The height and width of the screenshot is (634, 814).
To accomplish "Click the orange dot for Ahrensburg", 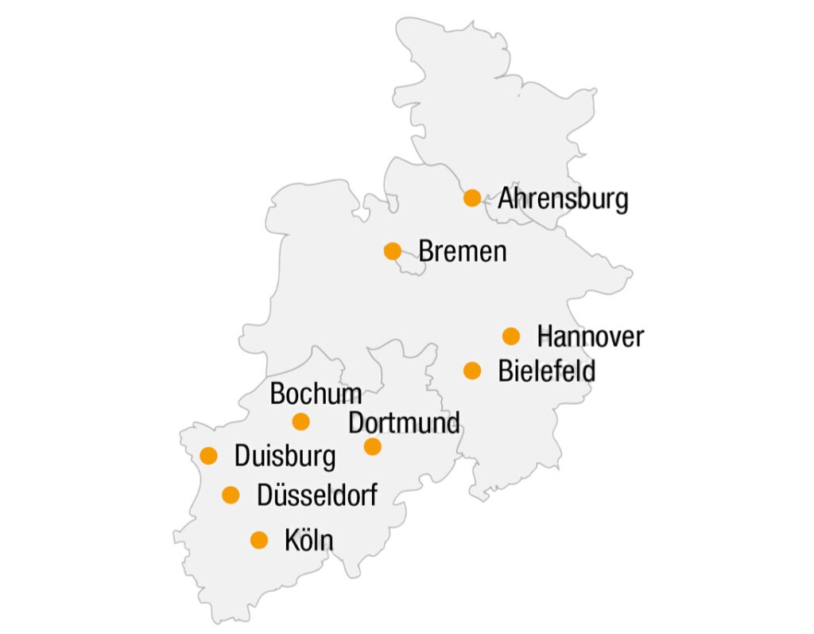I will [472, 198].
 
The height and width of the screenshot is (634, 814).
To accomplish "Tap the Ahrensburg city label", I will [563, 199].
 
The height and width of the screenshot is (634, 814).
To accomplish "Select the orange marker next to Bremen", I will [393, 251].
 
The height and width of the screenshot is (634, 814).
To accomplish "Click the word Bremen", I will [463, 251].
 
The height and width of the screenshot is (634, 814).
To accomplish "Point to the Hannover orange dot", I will [511, 336].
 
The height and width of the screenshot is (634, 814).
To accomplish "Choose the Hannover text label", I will [590, 336].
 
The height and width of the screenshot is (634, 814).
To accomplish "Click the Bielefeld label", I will [546, 371].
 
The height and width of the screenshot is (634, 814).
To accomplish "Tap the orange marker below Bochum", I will [300, 422].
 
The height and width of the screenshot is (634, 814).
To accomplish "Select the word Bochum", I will [316, 394].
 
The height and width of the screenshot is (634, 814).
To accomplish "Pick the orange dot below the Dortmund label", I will [373, 447].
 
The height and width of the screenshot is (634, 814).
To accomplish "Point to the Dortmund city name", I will [404, 422].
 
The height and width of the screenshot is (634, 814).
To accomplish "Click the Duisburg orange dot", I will [209, 456].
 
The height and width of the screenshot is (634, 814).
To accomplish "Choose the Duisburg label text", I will [285, 457].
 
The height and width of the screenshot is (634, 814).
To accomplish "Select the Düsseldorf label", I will [317, 496].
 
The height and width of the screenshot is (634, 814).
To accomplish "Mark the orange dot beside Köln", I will [259, 540].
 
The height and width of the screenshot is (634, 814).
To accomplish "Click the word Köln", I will [308, 540].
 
